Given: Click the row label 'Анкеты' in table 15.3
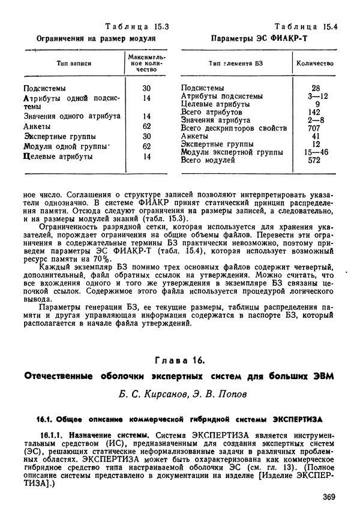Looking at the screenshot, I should (36, 127).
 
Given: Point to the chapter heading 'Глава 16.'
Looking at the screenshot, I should (181, 360).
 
